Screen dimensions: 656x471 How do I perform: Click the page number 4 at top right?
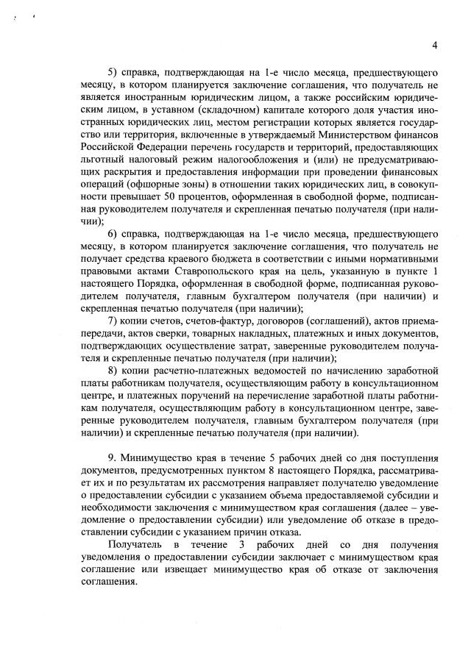(x=436, y=46)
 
